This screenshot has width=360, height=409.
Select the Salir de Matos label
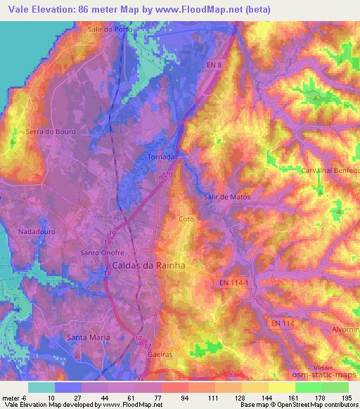(226, 197)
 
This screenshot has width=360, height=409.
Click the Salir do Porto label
(111, 29)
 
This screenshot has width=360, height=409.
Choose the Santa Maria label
(88, 337)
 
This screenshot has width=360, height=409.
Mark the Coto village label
(186, 219)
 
